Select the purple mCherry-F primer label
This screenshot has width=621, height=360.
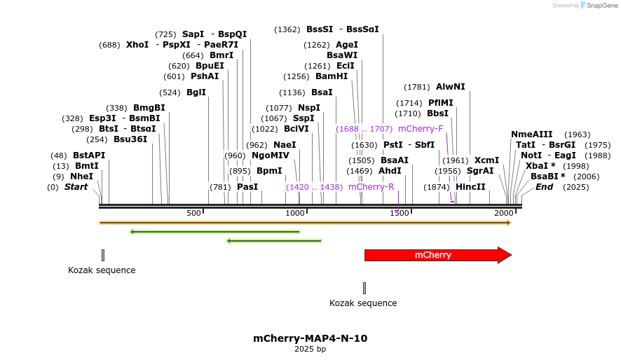[421, 129]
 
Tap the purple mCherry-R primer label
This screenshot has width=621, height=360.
[371, 187]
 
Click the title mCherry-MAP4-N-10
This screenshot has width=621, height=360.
[310, 338]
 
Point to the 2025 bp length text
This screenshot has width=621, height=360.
[310, 349]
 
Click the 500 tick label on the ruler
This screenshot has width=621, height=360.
[194, 213]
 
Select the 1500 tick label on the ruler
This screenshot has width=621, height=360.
[400, 213]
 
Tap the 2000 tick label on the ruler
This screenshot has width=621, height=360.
[504, 213]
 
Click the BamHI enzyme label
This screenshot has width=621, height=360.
[331, 76]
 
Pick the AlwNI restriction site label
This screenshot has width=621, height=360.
[450, 87]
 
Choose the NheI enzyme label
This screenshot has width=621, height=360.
[81, 176]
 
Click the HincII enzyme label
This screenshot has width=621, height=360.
[470, 187]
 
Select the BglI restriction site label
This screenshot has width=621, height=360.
[196, 92]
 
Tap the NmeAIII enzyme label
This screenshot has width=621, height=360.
[531, 134]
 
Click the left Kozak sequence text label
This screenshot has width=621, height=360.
[102, 270]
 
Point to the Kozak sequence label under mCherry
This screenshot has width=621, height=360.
[363, 303]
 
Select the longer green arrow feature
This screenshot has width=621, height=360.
[214, 231]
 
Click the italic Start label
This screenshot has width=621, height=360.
[76, 187]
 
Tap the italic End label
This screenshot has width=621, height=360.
[544, 187]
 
